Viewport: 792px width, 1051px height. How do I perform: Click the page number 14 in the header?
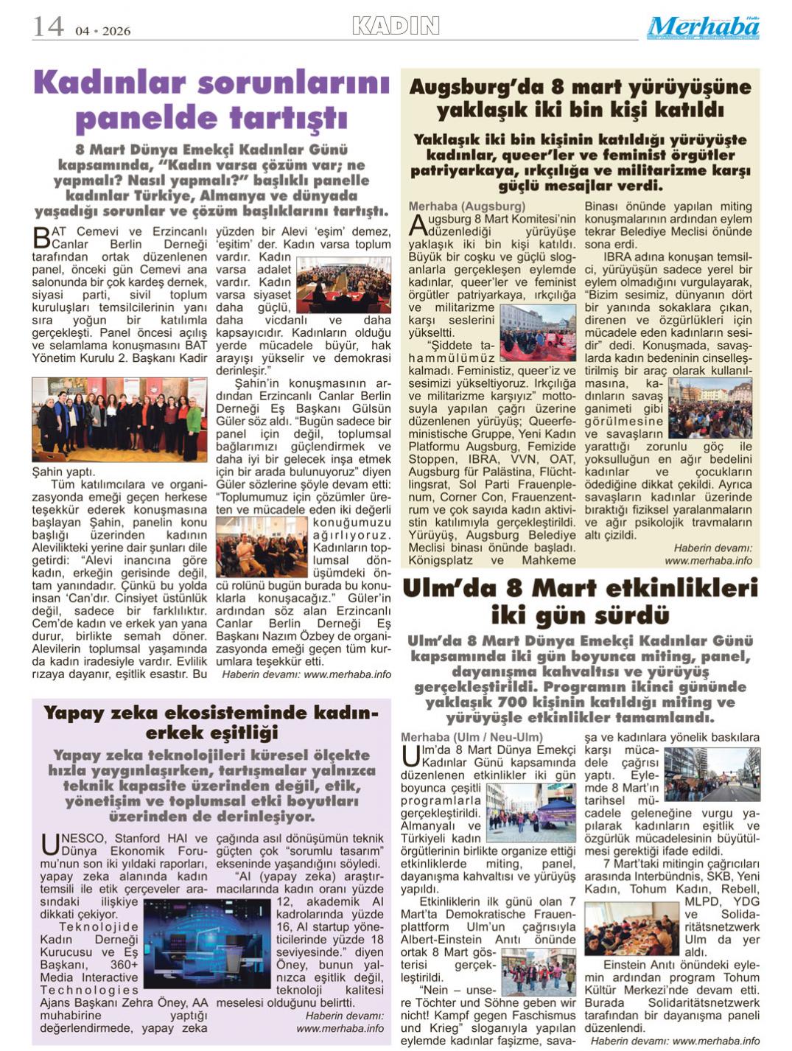coord(48,27)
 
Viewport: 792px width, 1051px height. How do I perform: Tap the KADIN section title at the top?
coord(396,27)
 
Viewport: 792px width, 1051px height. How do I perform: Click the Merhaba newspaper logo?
coord(703,27)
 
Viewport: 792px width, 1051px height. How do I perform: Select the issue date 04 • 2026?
coord(103,31)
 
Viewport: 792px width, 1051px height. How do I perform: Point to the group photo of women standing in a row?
coord(119,419)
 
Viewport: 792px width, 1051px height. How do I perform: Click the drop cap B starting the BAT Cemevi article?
coord(41,237)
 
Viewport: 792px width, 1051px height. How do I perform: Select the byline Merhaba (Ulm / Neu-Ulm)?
coord(472,737)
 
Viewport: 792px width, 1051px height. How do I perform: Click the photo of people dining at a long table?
coord(631,928)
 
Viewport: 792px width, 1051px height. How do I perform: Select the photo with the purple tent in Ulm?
coord(531,812)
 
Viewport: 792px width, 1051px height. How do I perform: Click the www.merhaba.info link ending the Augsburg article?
coord(708,560)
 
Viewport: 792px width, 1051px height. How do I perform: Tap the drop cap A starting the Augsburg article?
coord(417,224)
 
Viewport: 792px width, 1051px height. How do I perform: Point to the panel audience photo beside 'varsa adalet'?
coord(343,285)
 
